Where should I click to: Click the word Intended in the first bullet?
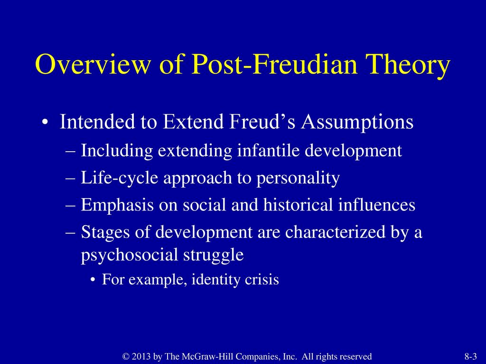click(x=97, y=121)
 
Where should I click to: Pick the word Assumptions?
click(x=357, y=123)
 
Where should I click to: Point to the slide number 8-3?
click(x=470, y=356)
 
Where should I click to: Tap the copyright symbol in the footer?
click(x=126, y=356)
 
